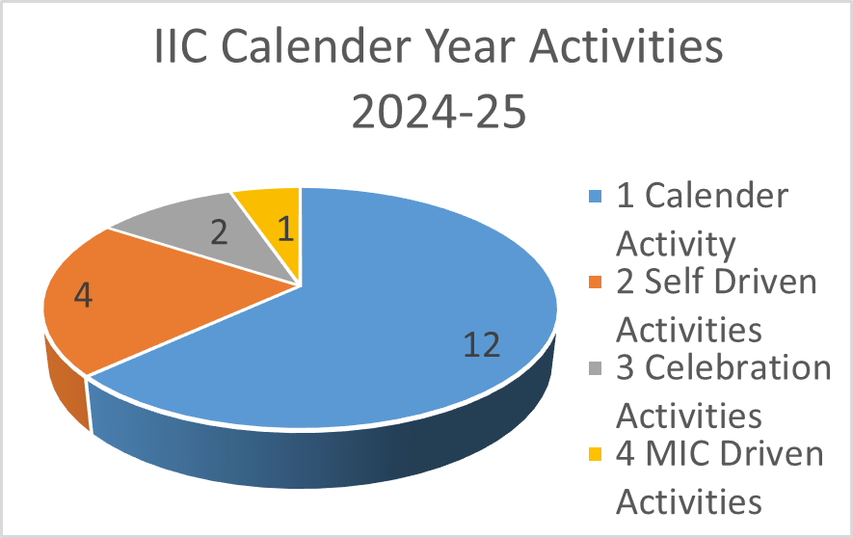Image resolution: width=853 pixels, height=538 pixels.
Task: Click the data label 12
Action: pos(482,345)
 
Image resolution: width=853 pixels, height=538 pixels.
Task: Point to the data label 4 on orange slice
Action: pos(83,296)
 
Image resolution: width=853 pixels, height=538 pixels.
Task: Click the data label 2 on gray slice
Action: pos(219,232)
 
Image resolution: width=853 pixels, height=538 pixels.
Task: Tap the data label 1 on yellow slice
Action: pos(286,229)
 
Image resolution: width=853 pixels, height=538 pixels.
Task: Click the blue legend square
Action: pos(596,196)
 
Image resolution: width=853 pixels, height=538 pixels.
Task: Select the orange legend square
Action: pos(596,282)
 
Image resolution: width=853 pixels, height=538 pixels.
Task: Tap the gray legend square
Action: pos(596,368)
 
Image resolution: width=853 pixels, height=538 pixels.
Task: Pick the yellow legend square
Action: pos(596,454)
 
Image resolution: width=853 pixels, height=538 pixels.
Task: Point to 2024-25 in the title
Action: pos(439,111)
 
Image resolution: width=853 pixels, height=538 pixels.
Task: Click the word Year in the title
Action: pos(469,46)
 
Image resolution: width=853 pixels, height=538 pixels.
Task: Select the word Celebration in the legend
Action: pos(738,367)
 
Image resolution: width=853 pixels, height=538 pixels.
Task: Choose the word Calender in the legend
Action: pos(717,196)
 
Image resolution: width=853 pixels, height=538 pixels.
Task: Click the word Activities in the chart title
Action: pos(626,46)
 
